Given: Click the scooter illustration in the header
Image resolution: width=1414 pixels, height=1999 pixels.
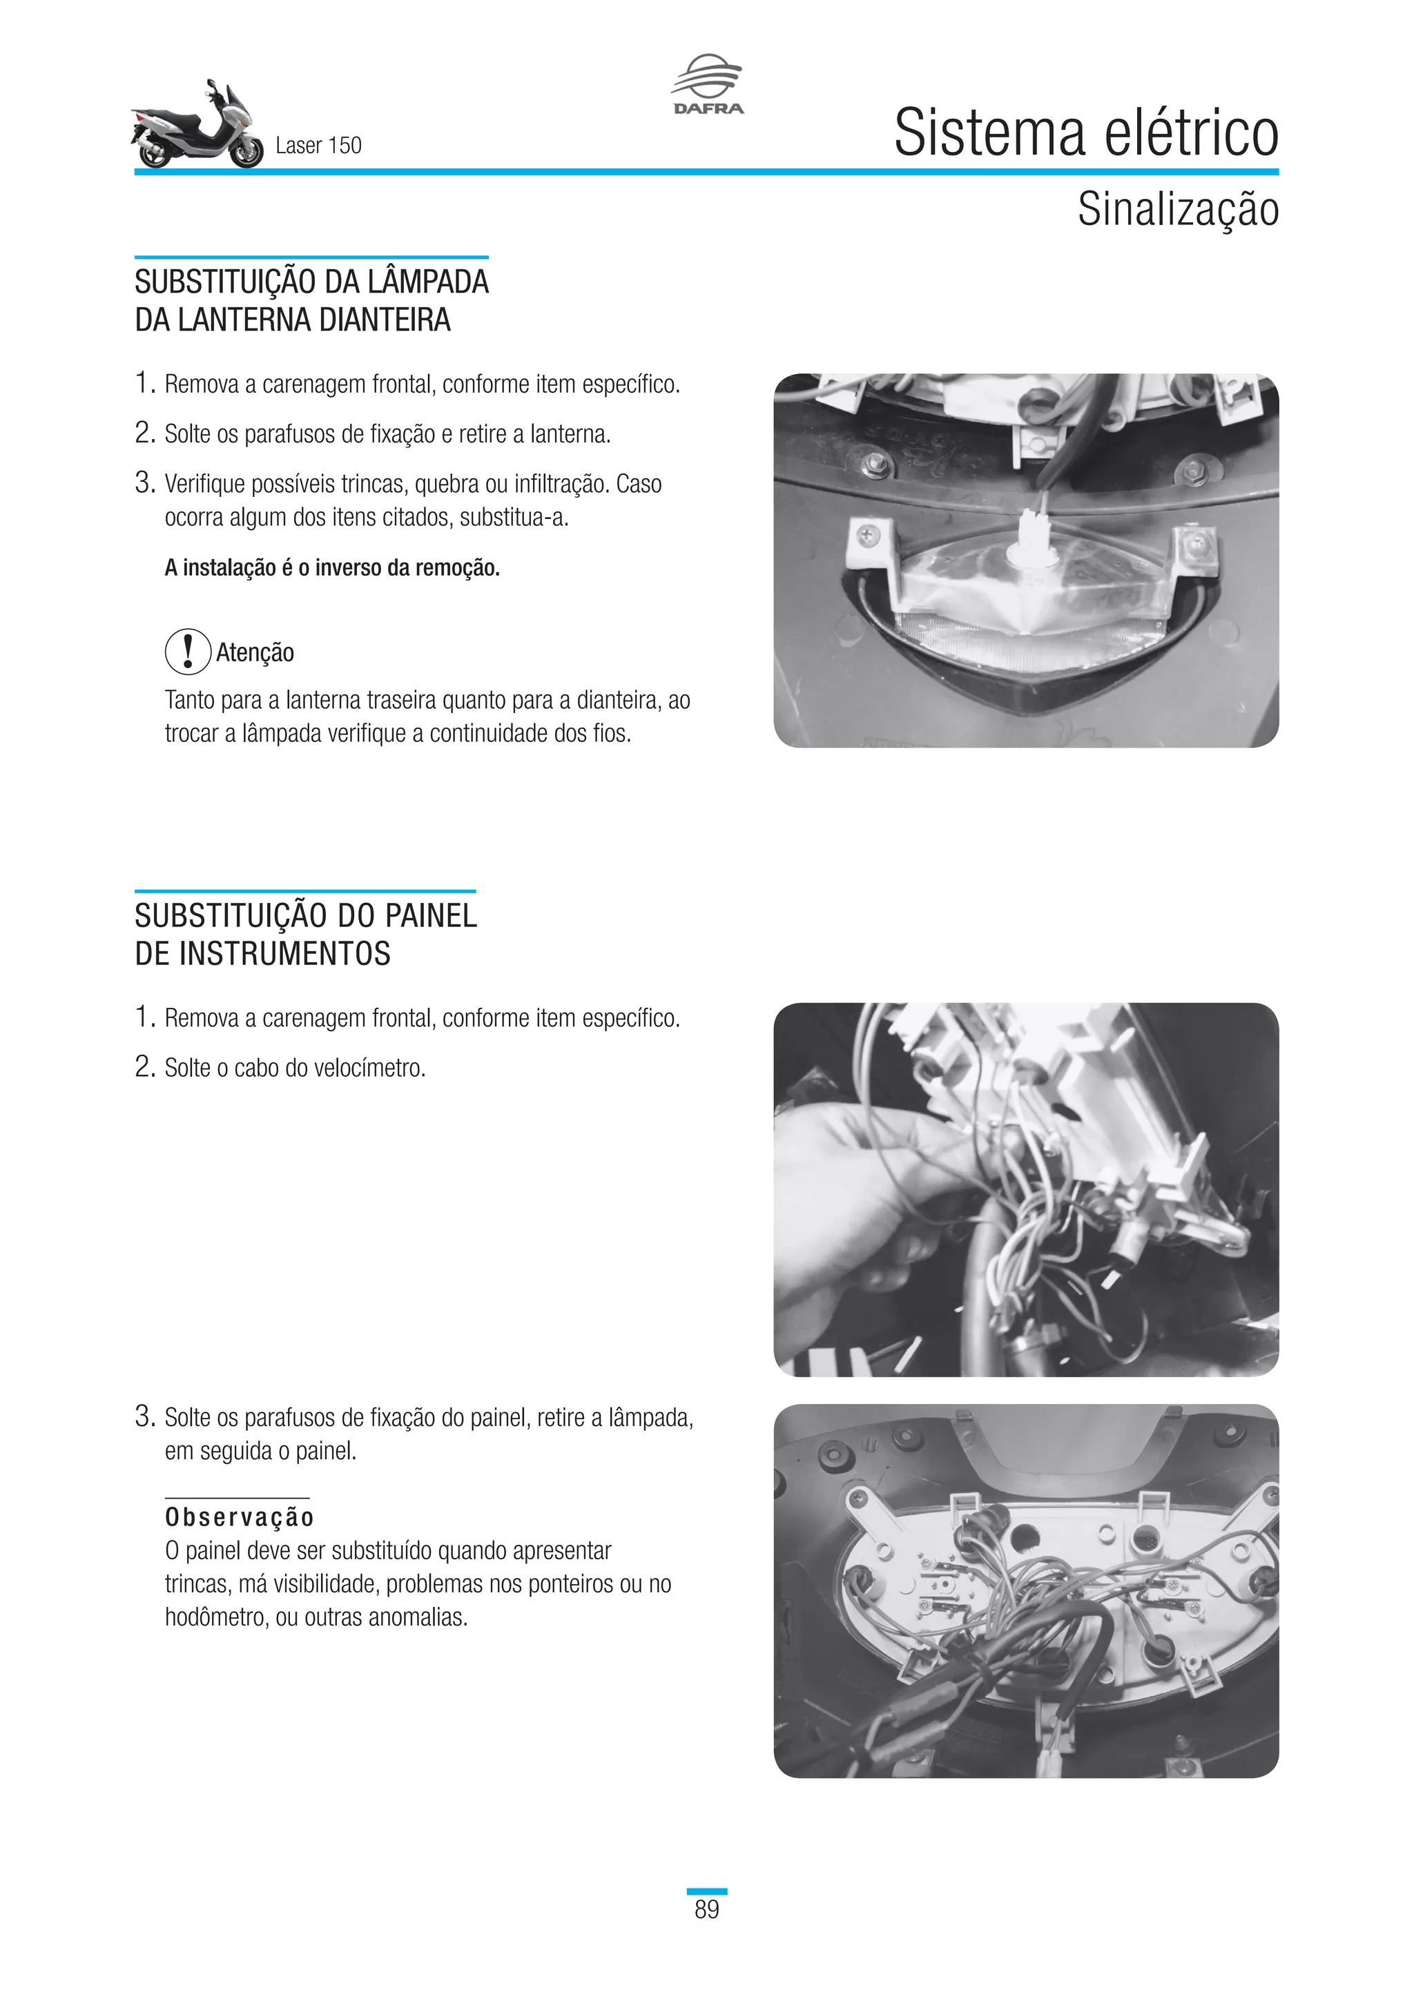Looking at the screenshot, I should click(x=197, y=127).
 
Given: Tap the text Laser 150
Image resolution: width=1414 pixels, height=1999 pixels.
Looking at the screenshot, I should click(x=318, y=146).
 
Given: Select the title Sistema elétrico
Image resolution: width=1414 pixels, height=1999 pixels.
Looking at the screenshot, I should click(x=1086, y=133).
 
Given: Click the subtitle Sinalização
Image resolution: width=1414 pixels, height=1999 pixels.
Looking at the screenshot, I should click(x=1177, y=210).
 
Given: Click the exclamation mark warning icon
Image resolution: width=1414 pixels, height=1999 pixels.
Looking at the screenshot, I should click(x=187, y=651).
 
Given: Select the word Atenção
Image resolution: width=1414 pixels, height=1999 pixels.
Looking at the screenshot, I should click(x=255, y=652).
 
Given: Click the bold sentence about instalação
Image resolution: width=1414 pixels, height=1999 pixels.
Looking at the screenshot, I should click(x=331, y=567).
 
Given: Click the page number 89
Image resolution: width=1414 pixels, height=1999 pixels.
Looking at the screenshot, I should click(x=706, y=1909).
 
